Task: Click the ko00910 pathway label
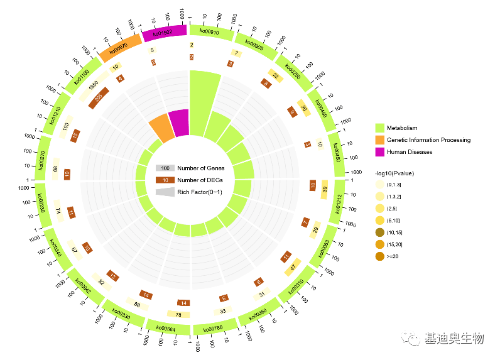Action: pos(209,30)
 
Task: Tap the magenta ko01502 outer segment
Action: pos(165,33)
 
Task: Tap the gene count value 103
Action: pos(65,126)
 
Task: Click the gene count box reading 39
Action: pos(324,190)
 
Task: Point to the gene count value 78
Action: pos(178,314)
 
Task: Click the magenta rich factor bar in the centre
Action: pos(179,122)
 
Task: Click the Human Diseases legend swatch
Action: pos(379,152)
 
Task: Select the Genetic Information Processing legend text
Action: pos(428,140)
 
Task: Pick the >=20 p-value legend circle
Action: pos(379,256)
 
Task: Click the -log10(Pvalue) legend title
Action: pos(394,173)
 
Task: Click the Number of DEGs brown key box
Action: pos(165,180)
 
